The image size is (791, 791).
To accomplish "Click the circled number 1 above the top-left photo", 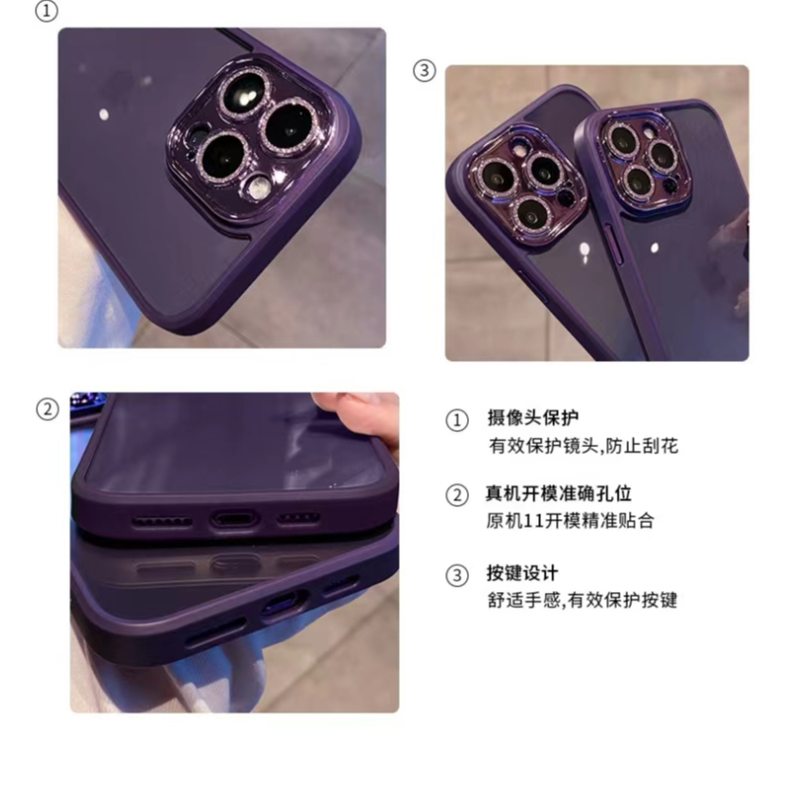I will tap(45, 11).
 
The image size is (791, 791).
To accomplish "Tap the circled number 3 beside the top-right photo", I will tap(424, 70).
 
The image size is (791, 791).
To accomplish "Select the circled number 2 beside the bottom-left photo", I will tap(46, 409).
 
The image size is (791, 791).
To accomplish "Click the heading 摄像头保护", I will tap(532, 418).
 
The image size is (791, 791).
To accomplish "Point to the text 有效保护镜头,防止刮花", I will tap(583, 445).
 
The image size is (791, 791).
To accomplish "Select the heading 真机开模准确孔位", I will tap(559, 494).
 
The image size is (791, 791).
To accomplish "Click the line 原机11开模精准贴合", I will tap(570, 521).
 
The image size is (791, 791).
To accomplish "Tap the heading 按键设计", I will tap(522, 573).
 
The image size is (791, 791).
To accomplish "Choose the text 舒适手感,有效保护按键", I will tap(583, 601).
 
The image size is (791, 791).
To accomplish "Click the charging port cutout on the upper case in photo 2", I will tap(232, 519).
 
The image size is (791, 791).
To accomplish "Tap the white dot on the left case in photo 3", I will tap(584, 250).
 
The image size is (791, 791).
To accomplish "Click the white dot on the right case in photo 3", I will tap(656, 248).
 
